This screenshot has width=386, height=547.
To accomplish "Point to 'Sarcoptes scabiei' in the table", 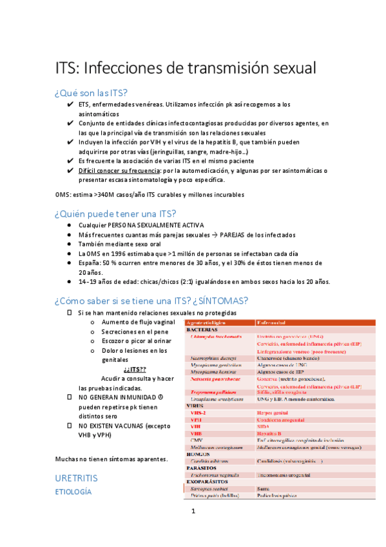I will click(211, 489).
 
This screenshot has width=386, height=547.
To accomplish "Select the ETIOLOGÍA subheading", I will click(73, 492).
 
